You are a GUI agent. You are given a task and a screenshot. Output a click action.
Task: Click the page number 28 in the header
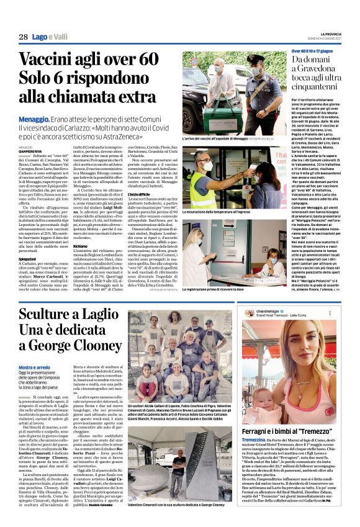coord(23,37)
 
